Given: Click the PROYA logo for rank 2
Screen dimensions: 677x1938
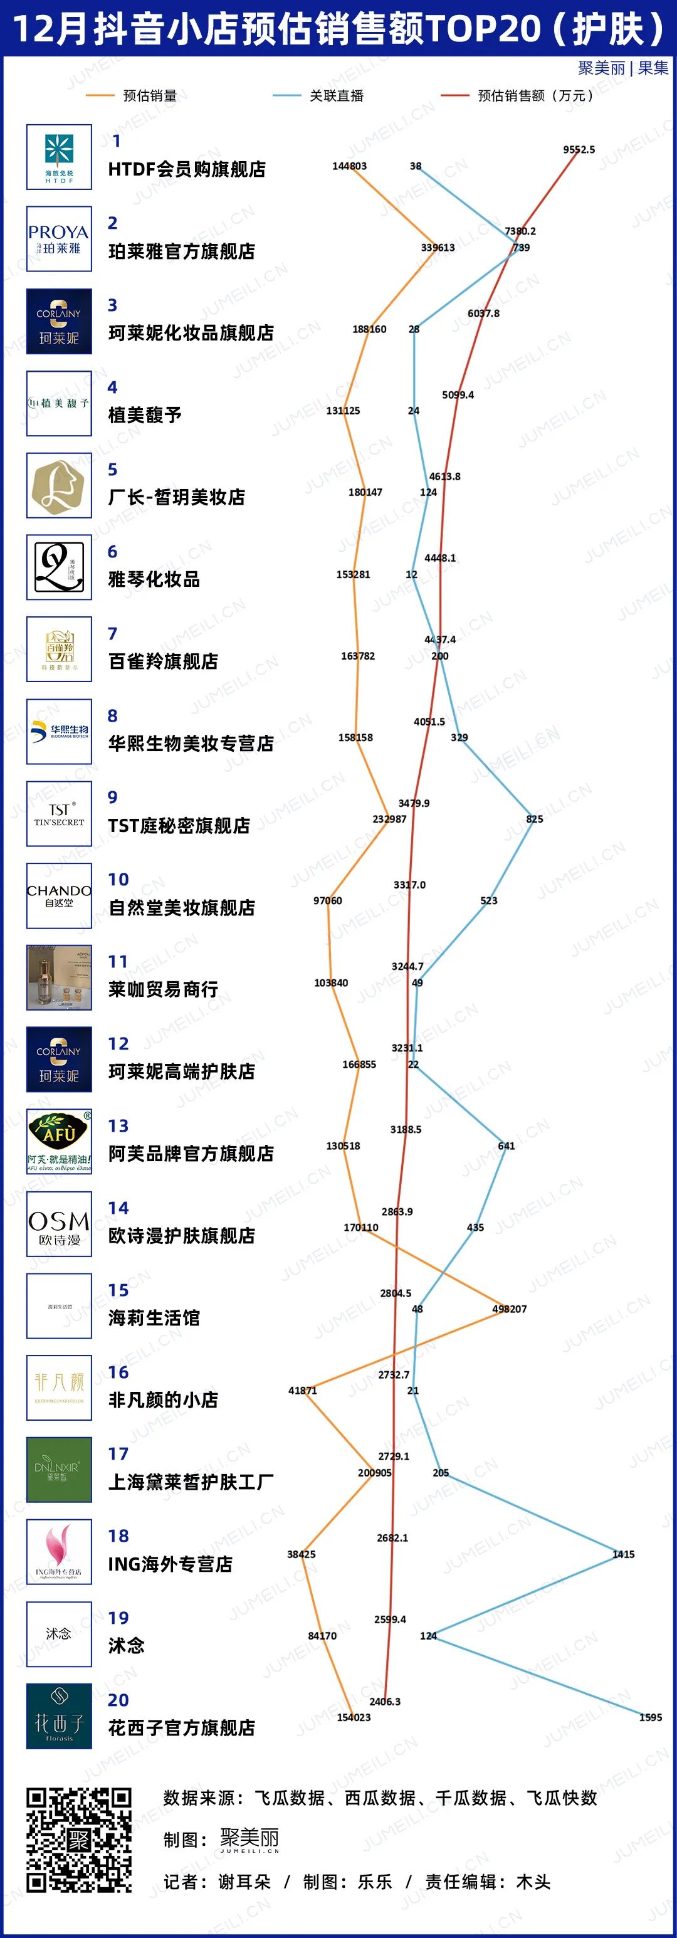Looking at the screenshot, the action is tap(59, 240).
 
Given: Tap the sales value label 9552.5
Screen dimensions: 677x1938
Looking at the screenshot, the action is tap(579, 150).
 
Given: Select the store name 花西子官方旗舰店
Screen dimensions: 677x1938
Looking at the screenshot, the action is tap(181, 1727).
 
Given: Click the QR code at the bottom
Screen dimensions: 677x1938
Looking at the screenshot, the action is tap(79, 1840).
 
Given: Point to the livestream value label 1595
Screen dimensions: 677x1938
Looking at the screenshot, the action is tap(650, 1717).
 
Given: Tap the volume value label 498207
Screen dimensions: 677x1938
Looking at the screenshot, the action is tap(509, 1309).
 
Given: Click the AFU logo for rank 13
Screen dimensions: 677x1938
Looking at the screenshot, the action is tap(59, 1141).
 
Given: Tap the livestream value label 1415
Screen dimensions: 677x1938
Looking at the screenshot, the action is tap(623, 1554).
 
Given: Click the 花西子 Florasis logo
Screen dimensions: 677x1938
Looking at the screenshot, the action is tap(59, 1716).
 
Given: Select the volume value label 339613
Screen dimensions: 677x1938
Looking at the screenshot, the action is tap(437, 248).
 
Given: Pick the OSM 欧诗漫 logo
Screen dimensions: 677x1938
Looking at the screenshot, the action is tap(59, 1224).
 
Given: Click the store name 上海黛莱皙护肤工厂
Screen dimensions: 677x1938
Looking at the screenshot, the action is tap(191, 1482).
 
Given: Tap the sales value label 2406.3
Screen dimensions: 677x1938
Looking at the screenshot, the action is tap(384, 1702).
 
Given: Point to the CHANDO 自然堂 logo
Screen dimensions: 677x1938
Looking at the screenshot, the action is tap(59, 895).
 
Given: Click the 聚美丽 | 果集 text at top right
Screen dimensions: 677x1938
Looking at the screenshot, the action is tap(623, 68).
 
